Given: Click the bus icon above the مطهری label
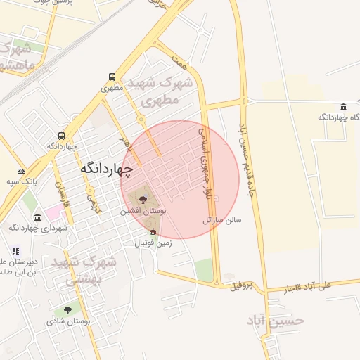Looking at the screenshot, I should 112,77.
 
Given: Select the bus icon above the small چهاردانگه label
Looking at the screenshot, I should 62,136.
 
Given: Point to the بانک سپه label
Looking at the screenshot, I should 22,181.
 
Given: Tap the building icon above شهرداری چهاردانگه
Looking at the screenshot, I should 37,217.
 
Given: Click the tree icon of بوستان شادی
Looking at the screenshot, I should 68,310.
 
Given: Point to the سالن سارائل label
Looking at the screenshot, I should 222,220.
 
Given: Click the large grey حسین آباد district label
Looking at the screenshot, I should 276,321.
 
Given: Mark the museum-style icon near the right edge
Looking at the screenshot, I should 343,107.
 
